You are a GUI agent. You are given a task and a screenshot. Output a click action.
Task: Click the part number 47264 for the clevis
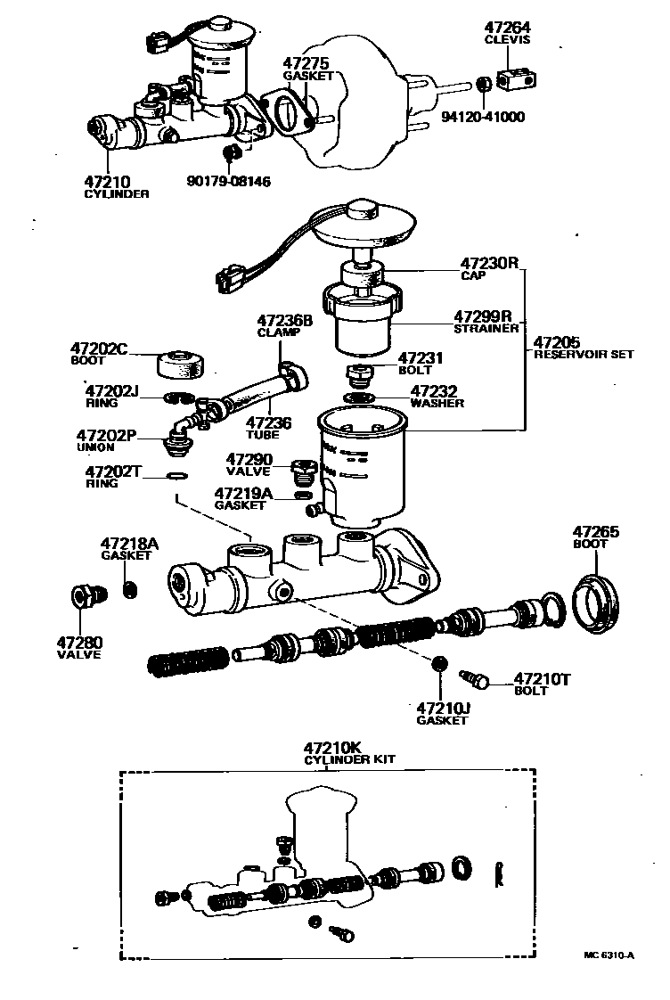(507, 28)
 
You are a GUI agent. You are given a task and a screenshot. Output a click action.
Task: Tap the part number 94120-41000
(484, 117)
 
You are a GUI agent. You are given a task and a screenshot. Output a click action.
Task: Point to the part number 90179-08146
(229, 181)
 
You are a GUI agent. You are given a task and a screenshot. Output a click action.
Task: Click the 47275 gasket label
(307, 64)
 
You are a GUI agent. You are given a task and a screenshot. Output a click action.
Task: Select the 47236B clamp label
(285, 320)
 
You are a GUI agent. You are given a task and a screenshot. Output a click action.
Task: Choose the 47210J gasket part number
(443, 709)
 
